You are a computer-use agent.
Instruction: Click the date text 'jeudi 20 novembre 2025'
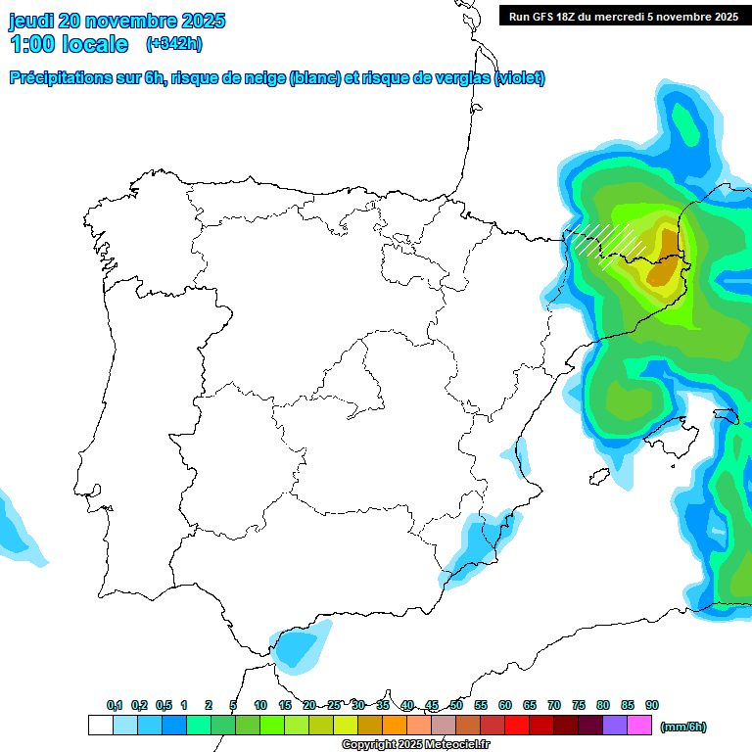coord(117,21)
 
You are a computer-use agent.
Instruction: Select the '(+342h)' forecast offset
coord(173,44)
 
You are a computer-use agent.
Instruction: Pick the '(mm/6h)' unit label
coord(682,727)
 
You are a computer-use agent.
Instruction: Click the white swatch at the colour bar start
coord(100,726)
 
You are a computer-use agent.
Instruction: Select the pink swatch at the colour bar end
coord(639,726)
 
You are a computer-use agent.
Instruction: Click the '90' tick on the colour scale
coord(652,705)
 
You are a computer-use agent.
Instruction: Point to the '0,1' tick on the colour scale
coord(115,705)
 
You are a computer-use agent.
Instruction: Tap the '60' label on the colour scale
coord(505,705)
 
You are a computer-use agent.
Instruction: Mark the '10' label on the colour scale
coord(260,705)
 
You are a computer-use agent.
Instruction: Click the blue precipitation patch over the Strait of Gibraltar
coord(298,649)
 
